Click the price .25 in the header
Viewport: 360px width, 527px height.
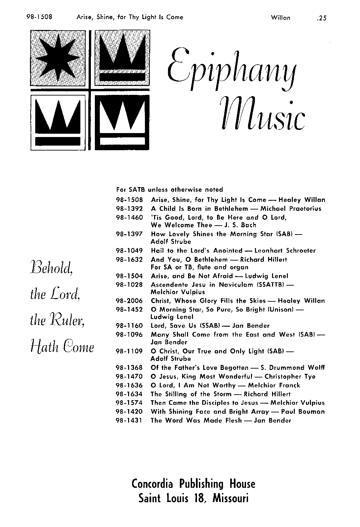coord(320,18)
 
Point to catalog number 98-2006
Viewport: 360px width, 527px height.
coord(129,301)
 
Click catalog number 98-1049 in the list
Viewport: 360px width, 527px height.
coord(129,251)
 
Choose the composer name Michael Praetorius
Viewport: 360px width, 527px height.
coord(291,208)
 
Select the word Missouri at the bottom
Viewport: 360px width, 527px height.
coord(230,498)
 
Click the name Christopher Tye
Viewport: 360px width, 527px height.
coord(290,376)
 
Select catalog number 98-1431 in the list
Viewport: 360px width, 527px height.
coord(129,420)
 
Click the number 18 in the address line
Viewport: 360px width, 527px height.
coord(200,498)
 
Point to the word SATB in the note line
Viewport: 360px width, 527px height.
coord(137,190)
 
